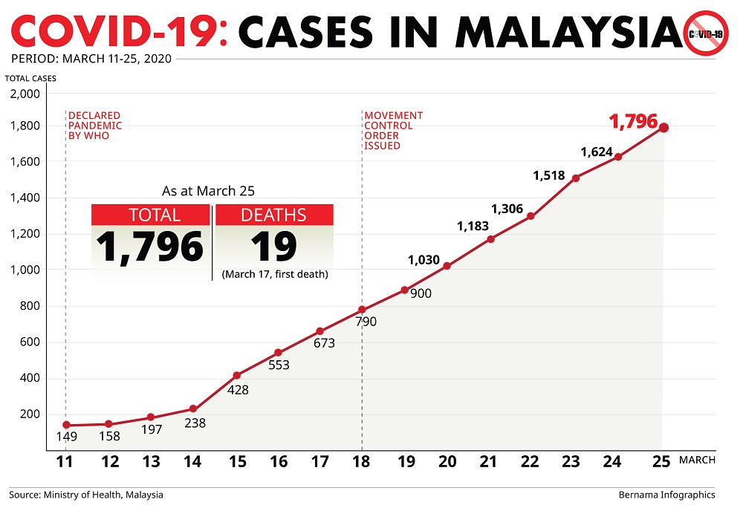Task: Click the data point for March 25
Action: [663, 128]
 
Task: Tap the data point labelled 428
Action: [237, 375]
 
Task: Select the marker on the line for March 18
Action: [362, 310]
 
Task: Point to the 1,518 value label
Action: [549, 176]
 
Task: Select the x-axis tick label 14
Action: [192, 461]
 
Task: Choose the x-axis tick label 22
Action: [530, 461]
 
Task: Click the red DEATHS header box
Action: [273, 215]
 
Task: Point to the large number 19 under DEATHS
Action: [273, 247]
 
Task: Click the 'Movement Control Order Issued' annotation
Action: [393, 131]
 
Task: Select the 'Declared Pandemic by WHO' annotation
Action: [94, 126]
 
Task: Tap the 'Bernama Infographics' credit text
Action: [666, 495]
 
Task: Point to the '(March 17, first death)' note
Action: [275, 275]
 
